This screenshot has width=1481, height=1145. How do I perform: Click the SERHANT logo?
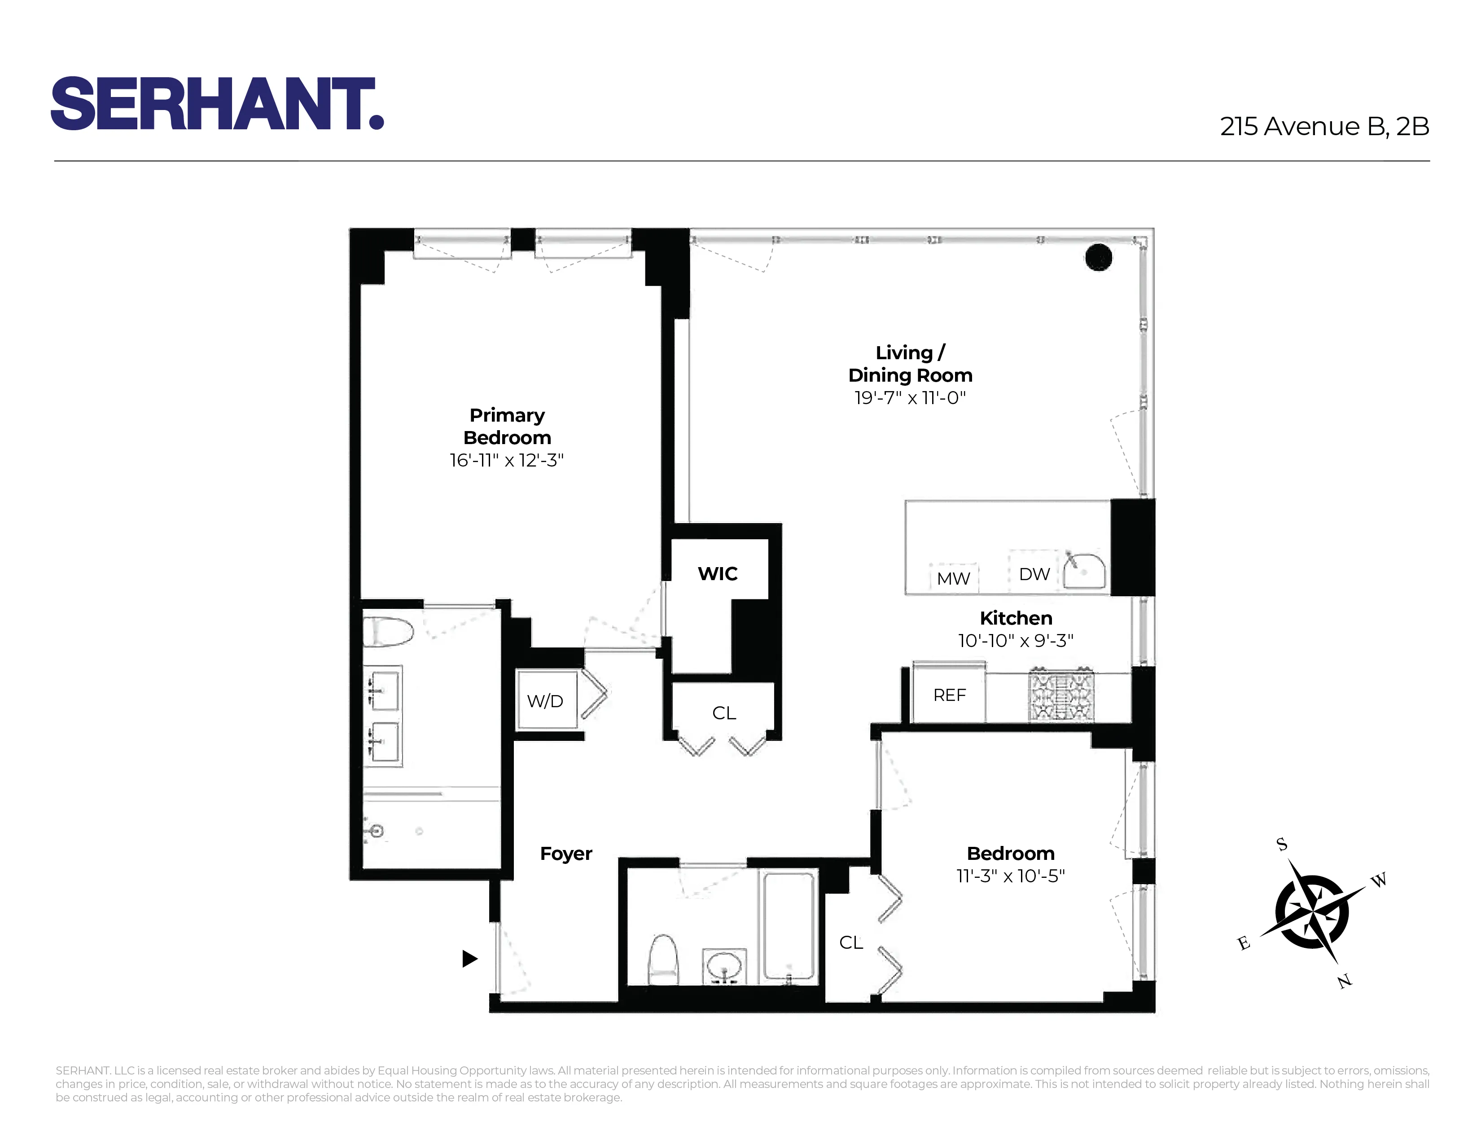point(217,104)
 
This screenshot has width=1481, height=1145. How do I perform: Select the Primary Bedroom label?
point(507,426)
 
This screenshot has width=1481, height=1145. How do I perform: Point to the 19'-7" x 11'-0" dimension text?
point(909,398)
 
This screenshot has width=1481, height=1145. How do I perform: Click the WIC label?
point(718,574)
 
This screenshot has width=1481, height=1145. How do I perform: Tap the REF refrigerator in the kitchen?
point(949,695)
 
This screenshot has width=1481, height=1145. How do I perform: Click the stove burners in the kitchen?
point(1060,695)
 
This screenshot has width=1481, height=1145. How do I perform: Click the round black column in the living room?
point(1099,258)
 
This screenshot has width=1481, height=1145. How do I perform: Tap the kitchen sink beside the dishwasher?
point(1084,571)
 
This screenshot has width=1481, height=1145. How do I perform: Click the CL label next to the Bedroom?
point(851,942)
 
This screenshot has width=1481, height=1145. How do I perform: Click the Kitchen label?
point(1016,618)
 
